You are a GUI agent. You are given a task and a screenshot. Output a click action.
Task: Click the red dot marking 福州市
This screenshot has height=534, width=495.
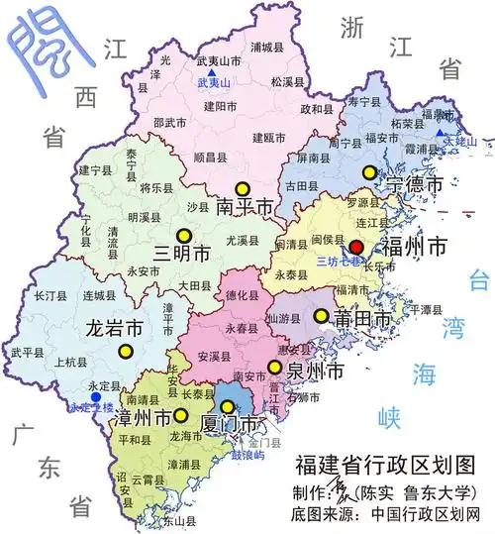[357, 246]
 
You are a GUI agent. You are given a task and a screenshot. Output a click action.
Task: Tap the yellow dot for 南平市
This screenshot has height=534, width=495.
[241, 188]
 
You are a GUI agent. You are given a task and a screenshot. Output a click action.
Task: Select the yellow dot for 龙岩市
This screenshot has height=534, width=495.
[126, 350]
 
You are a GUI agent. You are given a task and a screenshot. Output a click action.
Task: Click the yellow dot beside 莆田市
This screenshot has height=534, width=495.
[320, 316]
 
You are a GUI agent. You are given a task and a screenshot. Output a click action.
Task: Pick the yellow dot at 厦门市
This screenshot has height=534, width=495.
[229, 406]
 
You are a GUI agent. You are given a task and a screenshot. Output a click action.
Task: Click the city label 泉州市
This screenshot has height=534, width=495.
[314, 373]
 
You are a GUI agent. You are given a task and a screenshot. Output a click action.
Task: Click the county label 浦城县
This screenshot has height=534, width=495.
[268, 47]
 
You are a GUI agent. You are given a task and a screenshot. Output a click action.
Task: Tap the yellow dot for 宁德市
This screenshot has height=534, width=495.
[370, 171]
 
